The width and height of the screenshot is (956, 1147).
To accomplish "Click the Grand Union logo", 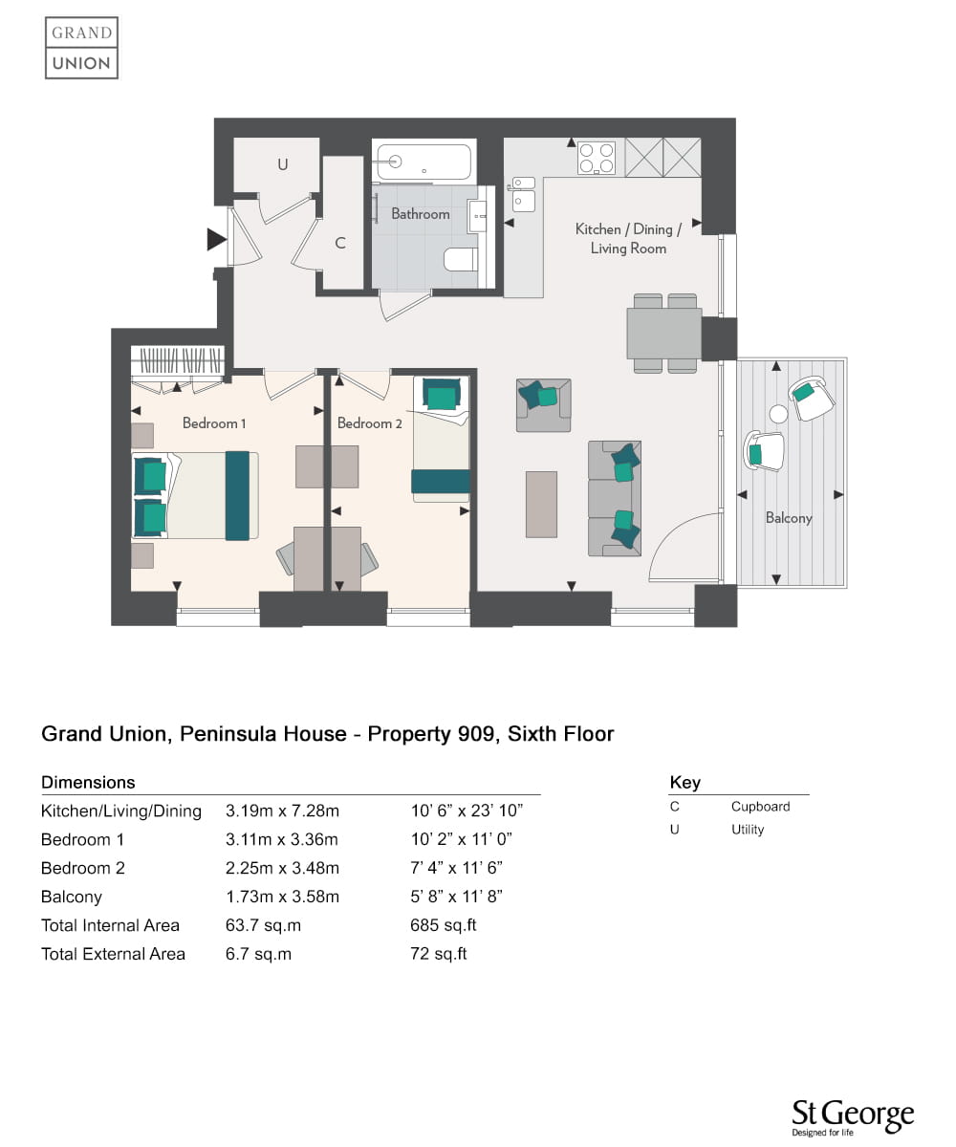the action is coord(81,48).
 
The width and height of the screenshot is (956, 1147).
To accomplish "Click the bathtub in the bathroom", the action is coord(424,162).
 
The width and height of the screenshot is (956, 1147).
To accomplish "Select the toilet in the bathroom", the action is coord(461,259).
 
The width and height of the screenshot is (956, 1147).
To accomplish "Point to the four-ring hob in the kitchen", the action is coord(597,159).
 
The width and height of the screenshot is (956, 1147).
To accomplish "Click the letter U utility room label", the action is coord(282,164).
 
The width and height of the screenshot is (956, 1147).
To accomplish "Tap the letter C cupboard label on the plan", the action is coord(340,243).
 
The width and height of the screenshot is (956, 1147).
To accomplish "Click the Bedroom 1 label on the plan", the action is coord(214,423).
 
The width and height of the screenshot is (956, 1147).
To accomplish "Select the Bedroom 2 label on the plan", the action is coord(369,423).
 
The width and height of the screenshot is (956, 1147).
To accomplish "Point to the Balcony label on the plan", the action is coord(789,517).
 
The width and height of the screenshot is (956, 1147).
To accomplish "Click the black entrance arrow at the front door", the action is coord(216,239).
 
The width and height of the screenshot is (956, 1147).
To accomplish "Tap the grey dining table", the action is coord(664,333).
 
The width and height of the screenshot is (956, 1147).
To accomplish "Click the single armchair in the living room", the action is coord(543,405).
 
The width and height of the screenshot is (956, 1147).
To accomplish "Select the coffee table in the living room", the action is coord(541,504).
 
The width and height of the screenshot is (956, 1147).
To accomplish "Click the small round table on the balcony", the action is coord(778,413).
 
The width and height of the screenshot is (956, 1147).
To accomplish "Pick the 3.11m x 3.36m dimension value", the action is coord(281,839).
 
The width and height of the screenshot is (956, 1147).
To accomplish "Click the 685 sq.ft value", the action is coord(443,925).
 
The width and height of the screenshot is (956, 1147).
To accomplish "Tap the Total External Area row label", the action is coord(113,954).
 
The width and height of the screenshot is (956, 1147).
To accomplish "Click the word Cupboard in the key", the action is coord(760,807).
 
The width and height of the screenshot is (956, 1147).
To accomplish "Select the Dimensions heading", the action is coord(88,782).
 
